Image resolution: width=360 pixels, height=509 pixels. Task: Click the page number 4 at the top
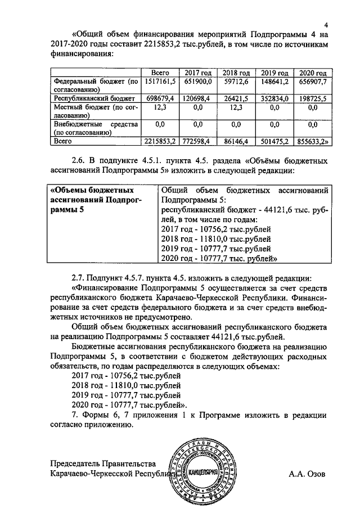click(x=326, y=24)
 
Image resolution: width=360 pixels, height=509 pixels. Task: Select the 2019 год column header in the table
click(x=274, y=74)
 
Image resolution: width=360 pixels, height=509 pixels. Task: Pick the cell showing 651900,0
click(x=197, y=82)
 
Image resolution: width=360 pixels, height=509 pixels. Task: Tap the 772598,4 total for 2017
click(x=197, y=141)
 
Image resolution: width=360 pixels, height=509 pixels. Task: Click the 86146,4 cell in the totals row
click(x=236, y=141)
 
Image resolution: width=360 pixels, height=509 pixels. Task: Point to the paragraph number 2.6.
click(x=79, y=160)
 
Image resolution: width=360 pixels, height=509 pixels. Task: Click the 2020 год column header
click(x=313, y=74)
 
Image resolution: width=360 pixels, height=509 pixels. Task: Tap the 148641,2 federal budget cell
click(x=274, y=82)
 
